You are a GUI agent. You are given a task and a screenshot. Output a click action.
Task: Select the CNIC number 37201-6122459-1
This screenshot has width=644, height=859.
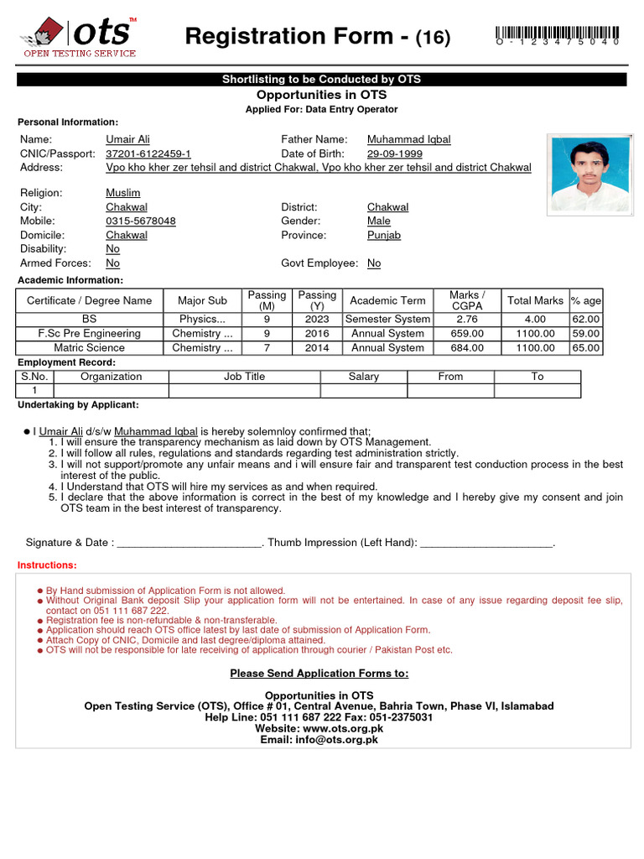click(x=148, y=154)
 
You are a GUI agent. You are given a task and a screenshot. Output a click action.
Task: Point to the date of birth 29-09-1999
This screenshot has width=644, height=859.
click(x=394, y=154)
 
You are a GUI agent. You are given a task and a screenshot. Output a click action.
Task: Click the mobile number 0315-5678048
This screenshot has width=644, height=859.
click(x=141, y=221)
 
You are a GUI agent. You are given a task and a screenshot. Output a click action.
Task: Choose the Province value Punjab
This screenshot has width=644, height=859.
click(x=384, y=235)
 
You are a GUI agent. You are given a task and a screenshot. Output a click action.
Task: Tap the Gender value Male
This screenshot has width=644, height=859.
click(x=379, y=221)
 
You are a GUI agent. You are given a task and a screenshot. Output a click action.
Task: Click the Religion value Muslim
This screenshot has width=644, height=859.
click(x=122, y=192)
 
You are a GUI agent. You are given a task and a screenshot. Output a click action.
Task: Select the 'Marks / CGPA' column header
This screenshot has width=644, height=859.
click(x=466, y=300)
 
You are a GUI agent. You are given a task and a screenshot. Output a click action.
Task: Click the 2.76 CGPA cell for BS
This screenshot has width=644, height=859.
click(x=466, y=319)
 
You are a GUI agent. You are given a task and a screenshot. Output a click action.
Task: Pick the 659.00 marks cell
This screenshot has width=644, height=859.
click(x=466, y=333)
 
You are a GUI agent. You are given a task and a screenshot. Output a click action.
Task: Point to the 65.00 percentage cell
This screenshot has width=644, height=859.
click(x=585, y=347)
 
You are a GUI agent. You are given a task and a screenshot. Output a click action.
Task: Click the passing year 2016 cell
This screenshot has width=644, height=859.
click(x=317, y=333)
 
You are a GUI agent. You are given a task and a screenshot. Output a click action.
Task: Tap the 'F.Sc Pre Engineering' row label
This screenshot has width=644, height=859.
click(x=90, y=333)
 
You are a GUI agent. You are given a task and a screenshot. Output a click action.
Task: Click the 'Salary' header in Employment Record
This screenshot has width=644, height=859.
click(x=364, y=377)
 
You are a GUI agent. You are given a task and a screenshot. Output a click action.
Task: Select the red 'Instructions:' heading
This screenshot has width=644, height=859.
click(x=47, y=565)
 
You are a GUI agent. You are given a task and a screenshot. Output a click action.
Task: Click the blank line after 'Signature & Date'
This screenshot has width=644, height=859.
click(x=190, y=544)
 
